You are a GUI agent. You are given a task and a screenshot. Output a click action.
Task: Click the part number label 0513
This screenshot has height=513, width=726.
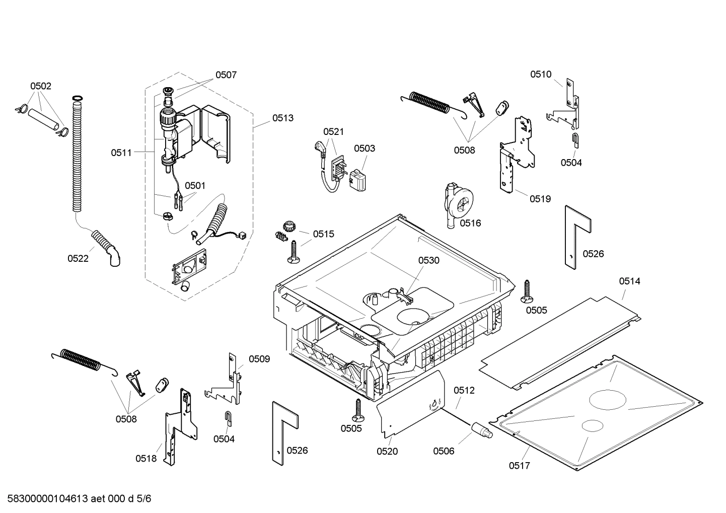point(283,118)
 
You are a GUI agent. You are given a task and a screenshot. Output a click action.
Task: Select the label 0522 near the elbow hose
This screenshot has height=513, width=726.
point(78,258)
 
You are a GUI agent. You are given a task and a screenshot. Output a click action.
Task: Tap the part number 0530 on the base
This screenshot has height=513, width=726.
point(428,260)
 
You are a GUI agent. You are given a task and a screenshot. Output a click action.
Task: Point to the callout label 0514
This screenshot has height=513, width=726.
point(629,281)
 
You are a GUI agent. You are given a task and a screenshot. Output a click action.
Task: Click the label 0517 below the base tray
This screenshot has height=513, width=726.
point(519,466)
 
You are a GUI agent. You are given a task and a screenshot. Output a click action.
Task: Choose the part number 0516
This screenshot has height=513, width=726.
point(470,223)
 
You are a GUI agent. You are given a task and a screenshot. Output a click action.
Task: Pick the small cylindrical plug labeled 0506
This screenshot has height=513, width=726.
point(481,431)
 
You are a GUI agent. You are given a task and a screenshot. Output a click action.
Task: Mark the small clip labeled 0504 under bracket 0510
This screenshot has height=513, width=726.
point(575,140)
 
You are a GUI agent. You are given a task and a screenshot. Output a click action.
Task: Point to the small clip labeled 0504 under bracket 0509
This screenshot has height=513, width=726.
point(227,418)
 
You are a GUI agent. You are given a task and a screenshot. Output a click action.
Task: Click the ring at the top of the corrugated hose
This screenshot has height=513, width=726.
point(77,97)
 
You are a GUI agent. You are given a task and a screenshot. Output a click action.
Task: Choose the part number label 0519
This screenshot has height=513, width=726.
point(540,199)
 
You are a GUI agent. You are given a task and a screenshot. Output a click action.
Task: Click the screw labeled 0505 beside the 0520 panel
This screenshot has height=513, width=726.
point(358,410)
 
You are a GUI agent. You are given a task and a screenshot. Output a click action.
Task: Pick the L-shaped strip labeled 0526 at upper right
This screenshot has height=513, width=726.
point(573,232)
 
